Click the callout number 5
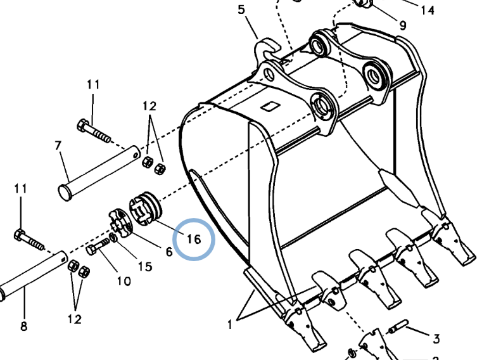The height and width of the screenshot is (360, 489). click(x=241, y=10)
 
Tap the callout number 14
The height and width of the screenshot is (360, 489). click(x=428, y=10)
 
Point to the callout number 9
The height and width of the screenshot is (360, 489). click(x=403, y=25)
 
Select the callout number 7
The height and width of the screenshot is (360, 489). click(x=58, y=145)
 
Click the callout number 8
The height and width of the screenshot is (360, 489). click(x=23, y=326)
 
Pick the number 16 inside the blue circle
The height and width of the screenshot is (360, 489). click(x=194, y=239)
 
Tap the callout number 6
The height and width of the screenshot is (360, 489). click(x=169, y=252)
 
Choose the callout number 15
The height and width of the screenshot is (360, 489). click(x=145, y=266)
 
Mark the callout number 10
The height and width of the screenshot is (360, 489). click(x=124, y=281)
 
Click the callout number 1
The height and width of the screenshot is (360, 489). click(x=230, y=325)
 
